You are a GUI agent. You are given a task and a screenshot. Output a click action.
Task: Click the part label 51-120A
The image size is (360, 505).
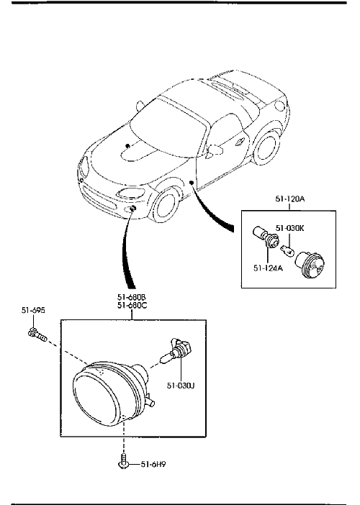pyautogui.click(x=289, y=199)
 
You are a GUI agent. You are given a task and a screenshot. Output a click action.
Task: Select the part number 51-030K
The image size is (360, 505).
pyautogui.click(x=289, y=228)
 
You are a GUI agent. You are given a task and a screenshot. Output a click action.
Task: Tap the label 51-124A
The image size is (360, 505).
pyautogui.click(x=268, y=268)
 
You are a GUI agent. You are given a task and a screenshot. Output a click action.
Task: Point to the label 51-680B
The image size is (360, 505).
pyautogui.click(x=132, y=297)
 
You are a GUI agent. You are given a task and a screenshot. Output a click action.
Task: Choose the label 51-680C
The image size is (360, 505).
pyautogui.click(x=132, y=305)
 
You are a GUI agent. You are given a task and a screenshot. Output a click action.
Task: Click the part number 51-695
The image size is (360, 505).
pyautogui.click(x=33, y=310)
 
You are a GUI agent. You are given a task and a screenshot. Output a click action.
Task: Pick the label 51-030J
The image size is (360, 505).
pyautogui.click(x=181, y=385)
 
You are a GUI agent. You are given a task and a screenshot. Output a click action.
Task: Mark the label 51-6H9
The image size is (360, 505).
pyautogui.click(x=153, y=465)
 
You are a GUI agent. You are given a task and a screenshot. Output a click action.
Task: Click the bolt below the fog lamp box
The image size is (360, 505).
pyautogui.click(x=123, y=461)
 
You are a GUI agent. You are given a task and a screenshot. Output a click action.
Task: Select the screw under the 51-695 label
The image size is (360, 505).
pyautogui.click(x=37, y=335)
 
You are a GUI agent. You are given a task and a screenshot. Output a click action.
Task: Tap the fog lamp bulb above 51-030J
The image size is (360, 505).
pyautogui.click(x=176, y=351)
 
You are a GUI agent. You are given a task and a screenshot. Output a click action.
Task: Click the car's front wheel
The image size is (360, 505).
pyautogui.click(x=166, y=206)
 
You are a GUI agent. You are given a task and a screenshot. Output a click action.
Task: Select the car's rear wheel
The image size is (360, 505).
pyautogui.click(x=266, y=148)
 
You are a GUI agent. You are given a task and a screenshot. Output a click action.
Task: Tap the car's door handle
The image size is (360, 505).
pyautogui.click(x=240, y=142)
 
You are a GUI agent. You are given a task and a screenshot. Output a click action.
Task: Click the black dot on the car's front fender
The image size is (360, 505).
pyautogui.click(x=191, y=183)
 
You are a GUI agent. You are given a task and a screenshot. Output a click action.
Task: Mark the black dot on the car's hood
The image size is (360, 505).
pyautogui.click(x=127, y=145)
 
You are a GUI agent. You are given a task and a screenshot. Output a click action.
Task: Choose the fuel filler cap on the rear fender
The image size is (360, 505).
pyautogui.click(x=280, y=105)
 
